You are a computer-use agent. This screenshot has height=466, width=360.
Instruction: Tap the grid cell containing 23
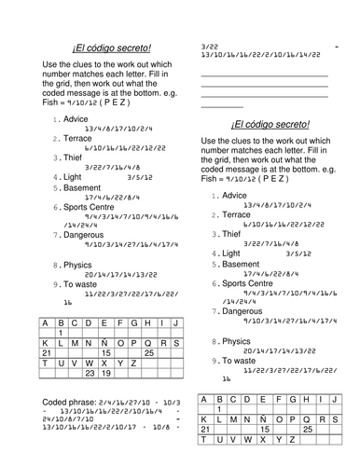point(90,372)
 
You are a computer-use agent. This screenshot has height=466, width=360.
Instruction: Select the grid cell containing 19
point(106,372)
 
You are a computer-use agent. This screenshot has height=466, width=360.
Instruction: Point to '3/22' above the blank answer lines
point(211,45)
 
